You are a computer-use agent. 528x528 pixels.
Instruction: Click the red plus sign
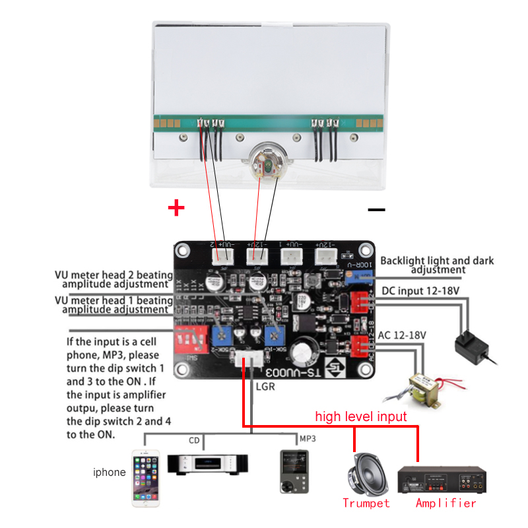tap(176, 209)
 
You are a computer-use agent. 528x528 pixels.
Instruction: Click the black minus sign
tap(376, 210)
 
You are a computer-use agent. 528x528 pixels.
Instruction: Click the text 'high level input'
tap(361, 416)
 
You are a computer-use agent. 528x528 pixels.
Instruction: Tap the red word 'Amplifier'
tap(445, 503)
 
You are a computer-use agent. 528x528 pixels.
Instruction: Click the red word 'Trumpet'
tap(366, 503)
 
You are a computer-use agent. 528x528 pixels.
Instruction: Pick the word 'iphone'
tap(109, 472)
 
